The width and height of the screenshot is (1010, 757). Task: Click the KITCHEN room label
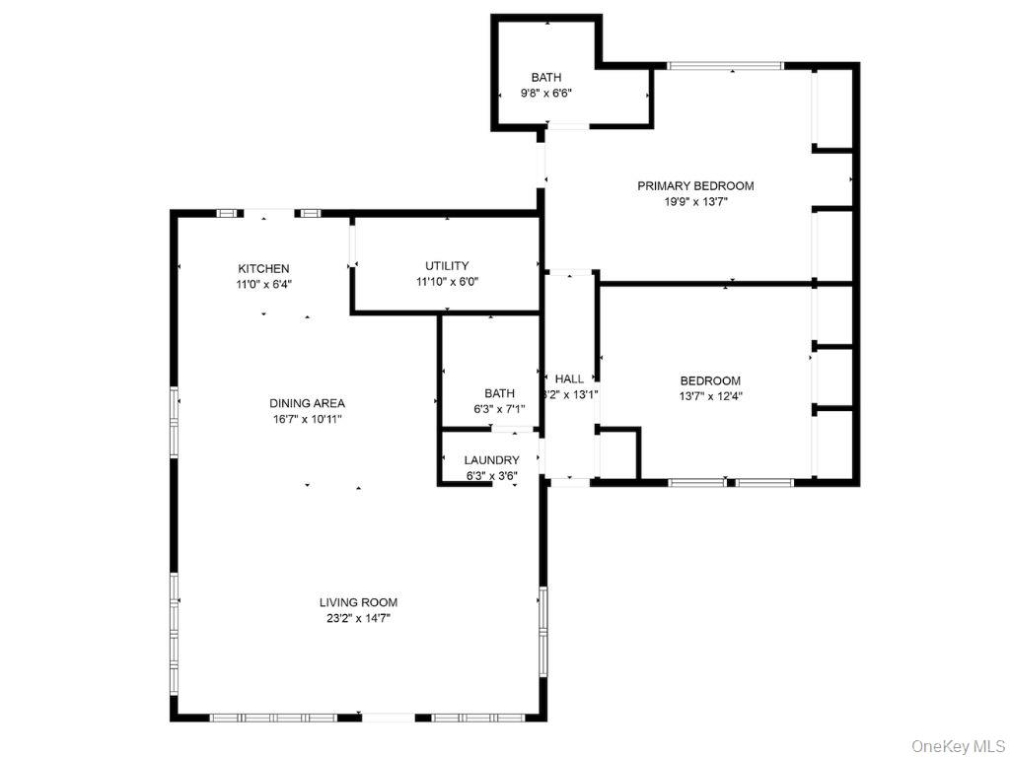click(263, 268)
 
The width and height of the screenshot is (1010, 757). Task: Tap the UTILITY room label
click(447, 265)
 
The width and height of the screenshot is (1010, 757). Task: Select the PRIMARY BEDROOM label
click(695, 185)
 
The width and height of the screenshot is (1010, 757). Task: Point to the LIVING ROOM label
click(358, 602)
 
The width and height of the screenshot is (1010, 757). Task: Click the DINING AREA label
click(307, 403)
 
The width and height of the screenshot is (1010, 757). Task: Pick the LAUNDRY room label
click(491, 459)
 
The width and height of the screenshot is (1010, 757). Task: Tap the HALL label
click(569, 378)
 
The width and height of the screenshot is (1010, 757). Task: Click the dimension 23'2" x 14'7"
click(358, 618)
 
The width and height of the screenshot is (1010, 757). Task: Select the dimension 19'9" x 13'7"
click(695, 201)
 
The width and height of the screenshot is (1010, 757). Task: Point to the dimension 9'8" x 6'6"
click(546, 93)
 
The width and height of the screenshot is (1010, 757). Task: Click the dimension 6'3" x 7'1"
click(499, 409)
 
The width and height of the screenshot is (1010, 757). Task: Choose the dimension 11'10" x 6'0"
click(447, 281)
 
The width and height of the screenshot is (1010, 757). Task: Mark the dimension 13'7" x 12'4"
click(710, 396)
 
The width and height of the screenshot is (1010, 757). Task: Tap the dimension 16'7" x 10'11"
click(307, 419)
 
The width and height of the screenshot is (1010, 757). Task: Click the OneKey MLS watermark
click(957, 744)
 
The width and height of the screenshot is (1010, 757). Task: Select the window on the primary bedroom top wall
click(725, 66)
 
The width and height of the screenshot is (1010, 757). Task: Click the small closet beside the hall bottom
click(618, 454)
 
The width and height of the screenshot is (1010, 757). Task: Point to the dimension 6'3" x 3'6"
click(491, 475)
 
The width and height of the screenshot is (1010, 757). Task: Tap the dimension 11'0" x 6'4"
click(263, 284)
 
